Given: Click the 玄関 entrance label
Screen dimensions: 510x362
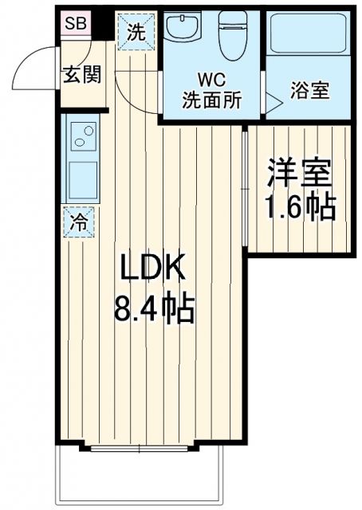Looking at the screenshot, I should [83, 76].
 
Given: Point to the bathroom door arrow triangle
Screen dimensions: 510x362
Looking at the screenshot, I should [273, 100].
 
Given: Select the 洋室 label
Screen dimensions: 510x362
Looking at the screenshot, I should [299, 171].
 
